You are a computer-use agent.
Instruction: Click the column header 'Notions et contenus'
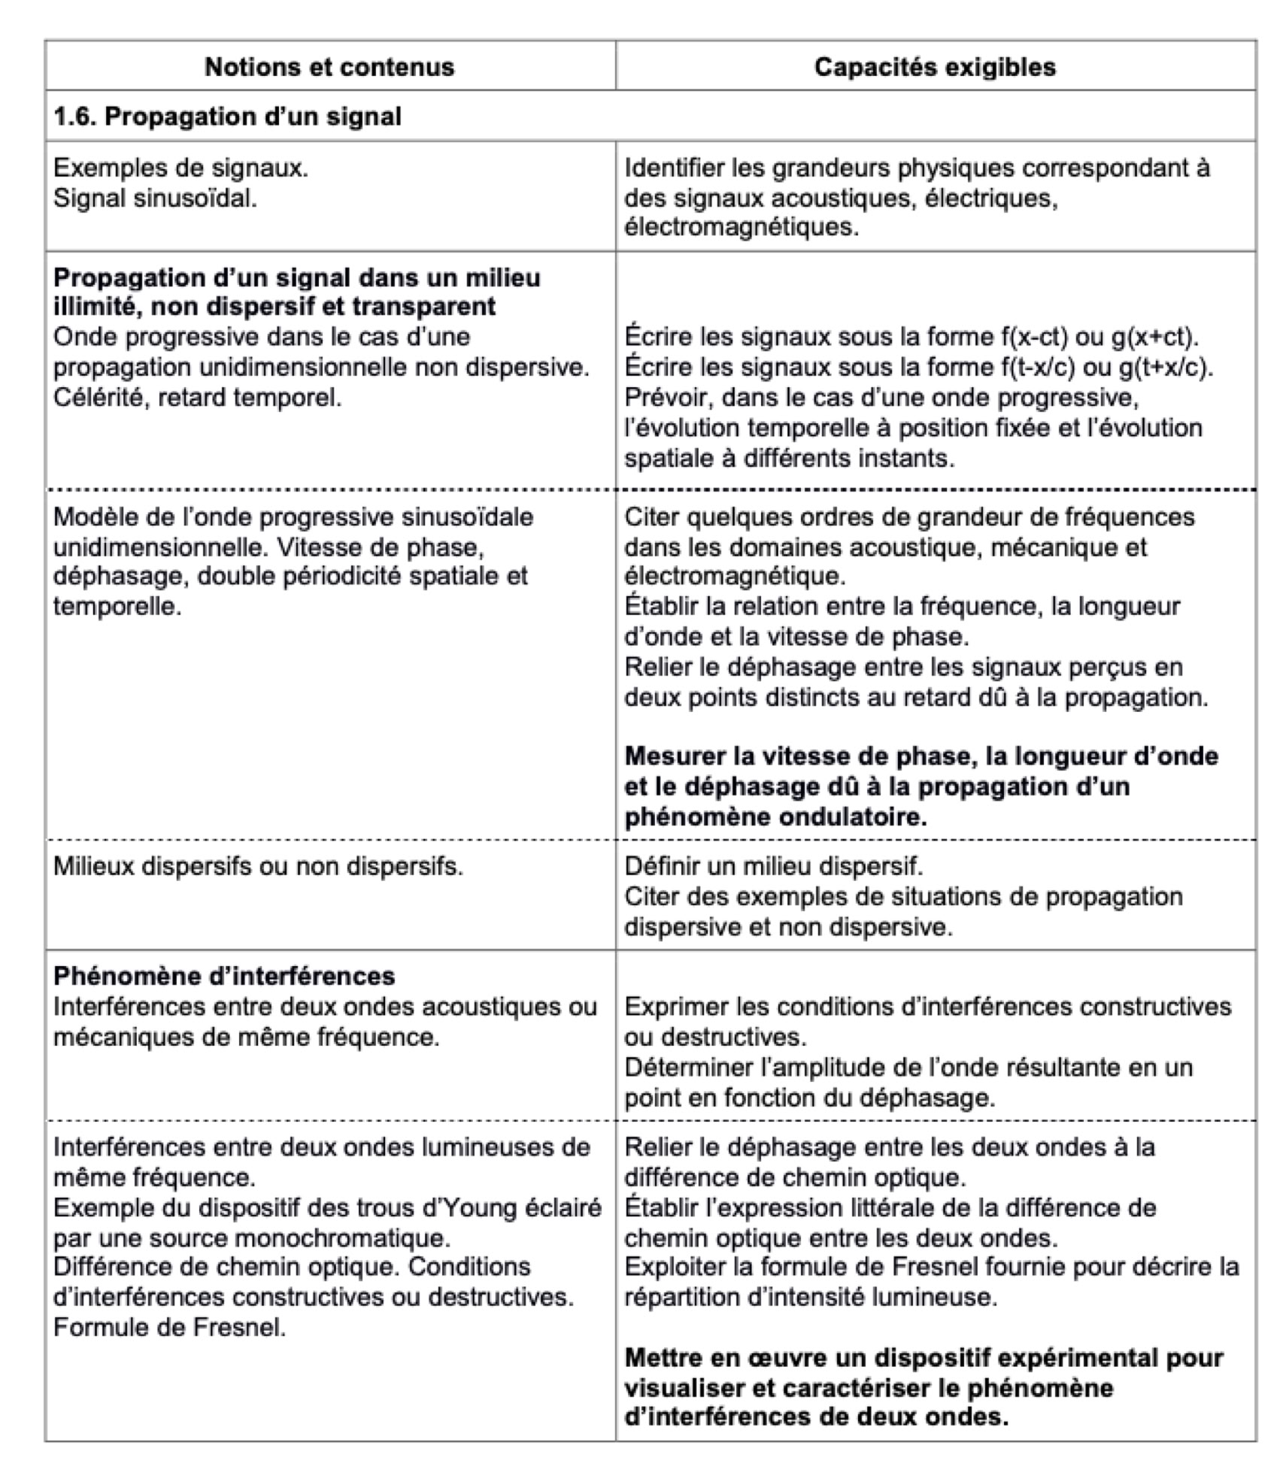point(329,67)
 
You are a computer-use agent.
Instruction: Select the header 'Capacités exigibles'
point(935,67)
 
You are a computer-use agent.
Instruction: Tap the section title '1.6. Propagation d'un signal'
point(227,117)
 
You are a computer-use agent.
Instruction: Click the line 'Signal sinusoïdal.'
point(155,198)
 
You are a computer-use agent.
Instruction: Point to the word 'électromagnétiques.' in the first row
point(742,226)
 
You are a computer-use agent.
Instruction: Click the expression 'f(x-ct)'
point(1035,337)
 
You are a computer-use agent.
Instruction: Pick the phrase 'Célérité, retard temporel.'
point(197,398)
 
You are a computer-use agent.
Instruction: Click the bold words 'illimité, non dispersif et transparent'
point(274,307)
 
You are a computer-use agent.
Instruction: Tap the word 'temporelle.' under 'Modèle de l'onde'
point(117,606)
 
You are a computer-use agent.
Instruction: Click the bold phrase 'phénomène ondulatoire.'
point(775,817)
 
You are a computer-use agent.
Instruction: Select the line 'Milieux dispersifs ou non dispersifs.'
point(258,867)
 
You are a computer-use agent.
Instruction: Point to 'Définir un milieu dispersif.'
point(773,867)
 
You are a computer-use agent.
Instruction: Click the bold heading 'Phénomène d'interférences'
point(224,977)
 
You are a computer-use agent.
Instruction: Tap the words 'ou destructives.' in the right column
point(714,1037)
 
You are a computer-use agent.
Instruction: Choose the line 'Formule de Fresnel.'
point(169,1328)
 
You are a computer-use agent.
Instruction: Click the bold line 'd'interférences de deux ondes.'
point(816,1417)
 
